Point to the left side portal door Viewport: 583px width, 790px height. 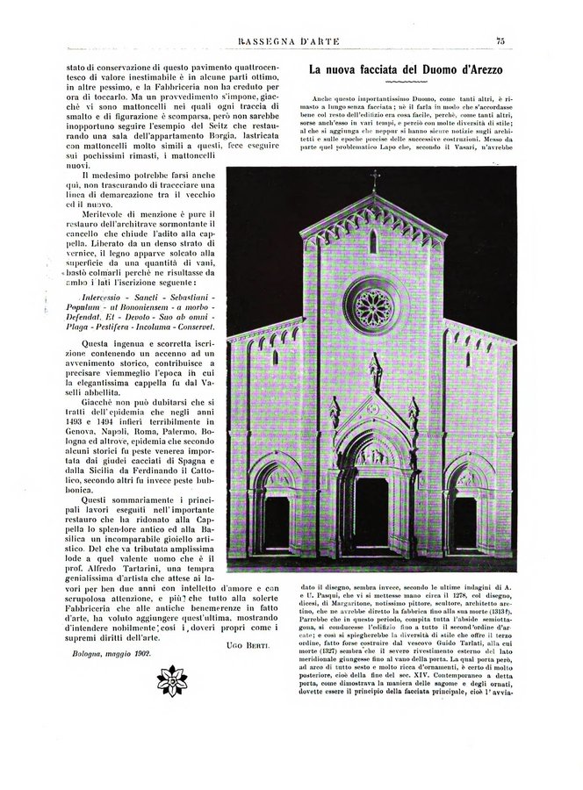pyautogui.click(x=277, y=523)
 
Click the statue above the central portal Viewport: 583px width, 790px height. pyautogui.click(x=375, y=372)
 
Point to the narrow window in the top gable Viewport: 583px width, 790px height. pyautogui.click(x=373, y=241)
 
